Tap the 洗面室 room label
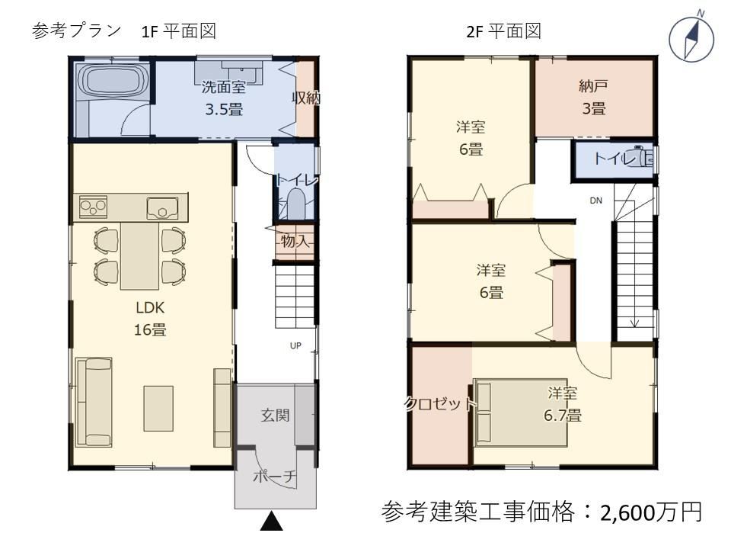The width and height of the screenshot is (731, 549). [x=224, y=87]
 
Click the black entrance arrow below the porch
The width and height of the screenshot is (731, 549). [x=271, y=521]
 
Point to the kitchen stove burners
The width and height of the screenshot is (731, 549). [x=93, y=207]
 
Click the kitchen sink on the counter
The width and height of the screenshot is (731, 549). [x=162, y=208]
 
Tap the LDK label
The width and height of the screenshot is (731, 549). [x=150, y=307]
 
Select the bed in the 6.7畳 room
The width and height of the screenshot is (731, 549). [x=520, y=412]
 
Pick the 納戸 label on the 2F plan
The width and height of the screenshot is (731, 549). [x=593, y=86]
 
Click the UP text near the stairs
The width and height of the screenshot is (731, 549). [x=295, y=346]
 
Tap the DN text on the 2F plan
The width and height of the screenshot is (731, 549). [x=595, y=201]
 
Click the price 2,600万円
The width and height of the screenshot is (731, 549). [x=651, y=512]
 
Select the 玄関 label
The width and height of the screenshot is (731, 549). [x=275, y=415]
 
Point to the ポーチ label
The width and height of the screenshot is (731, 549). [x=275, y=476]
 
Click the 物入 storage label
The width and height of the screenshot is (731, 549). [x=295, y=242]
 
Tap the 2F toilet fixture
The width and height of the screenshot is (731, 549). [x=642, y=158]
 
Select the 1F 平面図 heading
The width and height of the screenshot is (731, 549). [x=178, y=31]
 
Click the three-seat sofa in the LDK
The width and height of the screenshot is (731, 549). [x=94, y=403]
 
